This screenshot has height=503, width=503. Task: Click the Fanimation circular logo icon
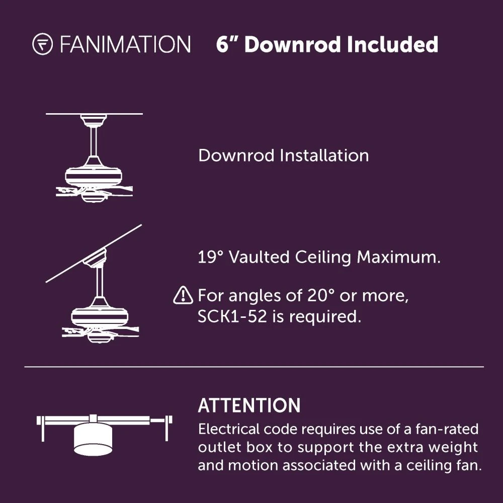42,44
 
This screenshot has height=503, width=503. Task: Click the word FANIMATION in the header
125,44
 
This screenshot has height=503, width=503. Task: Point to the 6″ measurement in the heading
227,44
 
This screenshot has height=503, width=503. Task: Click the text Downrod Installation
284,155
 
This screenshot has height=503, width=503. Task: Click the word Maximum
399,257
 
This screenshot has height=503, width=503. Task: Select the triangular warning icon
183,295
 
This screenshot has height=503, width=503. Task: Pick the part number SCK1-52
232,316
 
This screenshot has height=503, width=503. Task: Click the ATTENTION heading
249,405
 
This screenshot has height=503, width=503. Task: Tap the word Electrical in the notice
229,429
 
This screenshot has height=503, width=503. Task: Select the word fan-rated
447,429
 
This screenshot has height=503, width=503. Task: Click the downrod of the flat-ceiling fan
94,141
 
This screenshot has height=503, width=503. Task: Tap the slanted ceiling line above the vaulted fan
94,254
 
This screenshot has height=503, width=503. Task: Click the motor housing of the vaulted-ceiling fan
100,316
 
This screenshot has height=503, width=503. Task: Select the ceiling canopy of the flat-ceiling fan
94,120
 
